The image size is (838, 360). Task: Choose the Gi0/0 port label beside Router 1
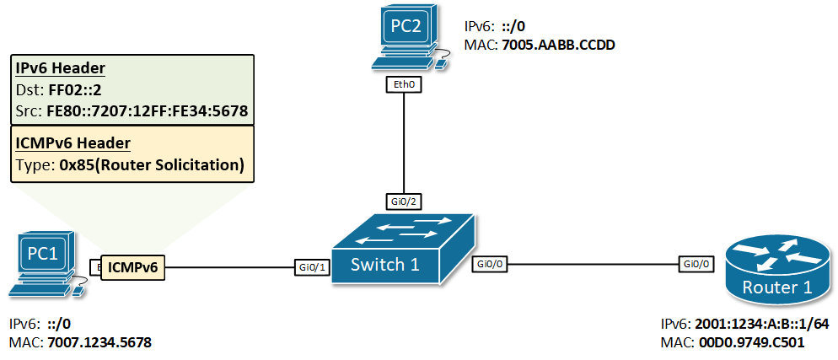[697, 264]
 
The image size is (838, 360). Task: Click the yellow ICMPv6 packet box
[133, 267]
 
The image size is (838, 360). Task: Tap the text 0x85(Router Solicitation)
[152, 165]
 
